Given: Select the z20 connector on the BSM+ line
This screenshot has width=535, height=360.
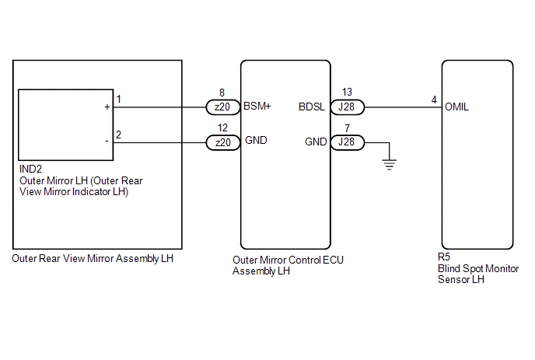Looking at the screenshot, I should point(222,107).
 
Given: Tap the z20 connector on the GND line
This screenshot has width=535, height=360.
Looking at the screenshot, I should point(222,142).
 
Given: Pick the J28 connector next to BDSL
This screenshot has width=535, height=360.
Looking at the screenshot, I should point(347,107).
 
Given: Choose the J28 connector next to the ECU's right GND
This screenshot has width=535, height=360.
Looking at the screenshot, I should point(347,142).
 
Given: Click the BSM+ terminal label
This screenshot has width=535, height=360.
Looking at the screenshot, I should point(257,107).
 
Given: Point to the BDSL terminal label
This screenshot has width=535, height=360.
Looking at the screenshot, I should point(312,107).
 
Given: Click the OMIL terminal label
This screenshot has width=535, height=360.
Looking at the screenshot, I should point(457,107).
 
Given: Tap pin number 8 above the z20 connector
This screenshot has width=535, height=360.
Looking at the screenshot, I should point(222,92).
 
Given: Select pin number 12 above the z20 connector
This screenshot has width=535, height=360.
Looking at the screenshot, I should point(222,128).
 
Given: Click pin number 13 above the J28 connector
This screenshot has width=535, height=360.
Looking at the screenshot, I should point(347,92).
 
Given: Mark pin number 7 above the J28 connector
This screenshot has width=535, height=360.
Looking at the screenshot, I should point(347,128).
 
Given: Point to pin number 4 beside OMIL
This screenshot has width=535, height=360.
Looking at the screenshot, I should point(434,100).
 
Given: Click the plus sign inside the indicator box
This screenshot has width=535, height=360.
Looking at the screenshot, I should point(107,107).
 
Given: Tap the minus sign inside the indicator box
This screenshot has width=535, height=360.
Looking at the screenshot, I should point(107,142).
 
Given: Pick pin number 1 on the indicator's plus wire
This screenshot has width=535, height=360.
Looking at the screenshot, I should point(118,100).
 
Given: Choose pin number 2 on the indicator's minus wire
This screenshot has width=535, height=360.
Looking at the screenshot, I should point(118,135).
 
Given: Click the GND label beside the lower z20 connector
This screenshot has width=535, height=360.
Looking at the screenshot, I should point(254,142).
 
